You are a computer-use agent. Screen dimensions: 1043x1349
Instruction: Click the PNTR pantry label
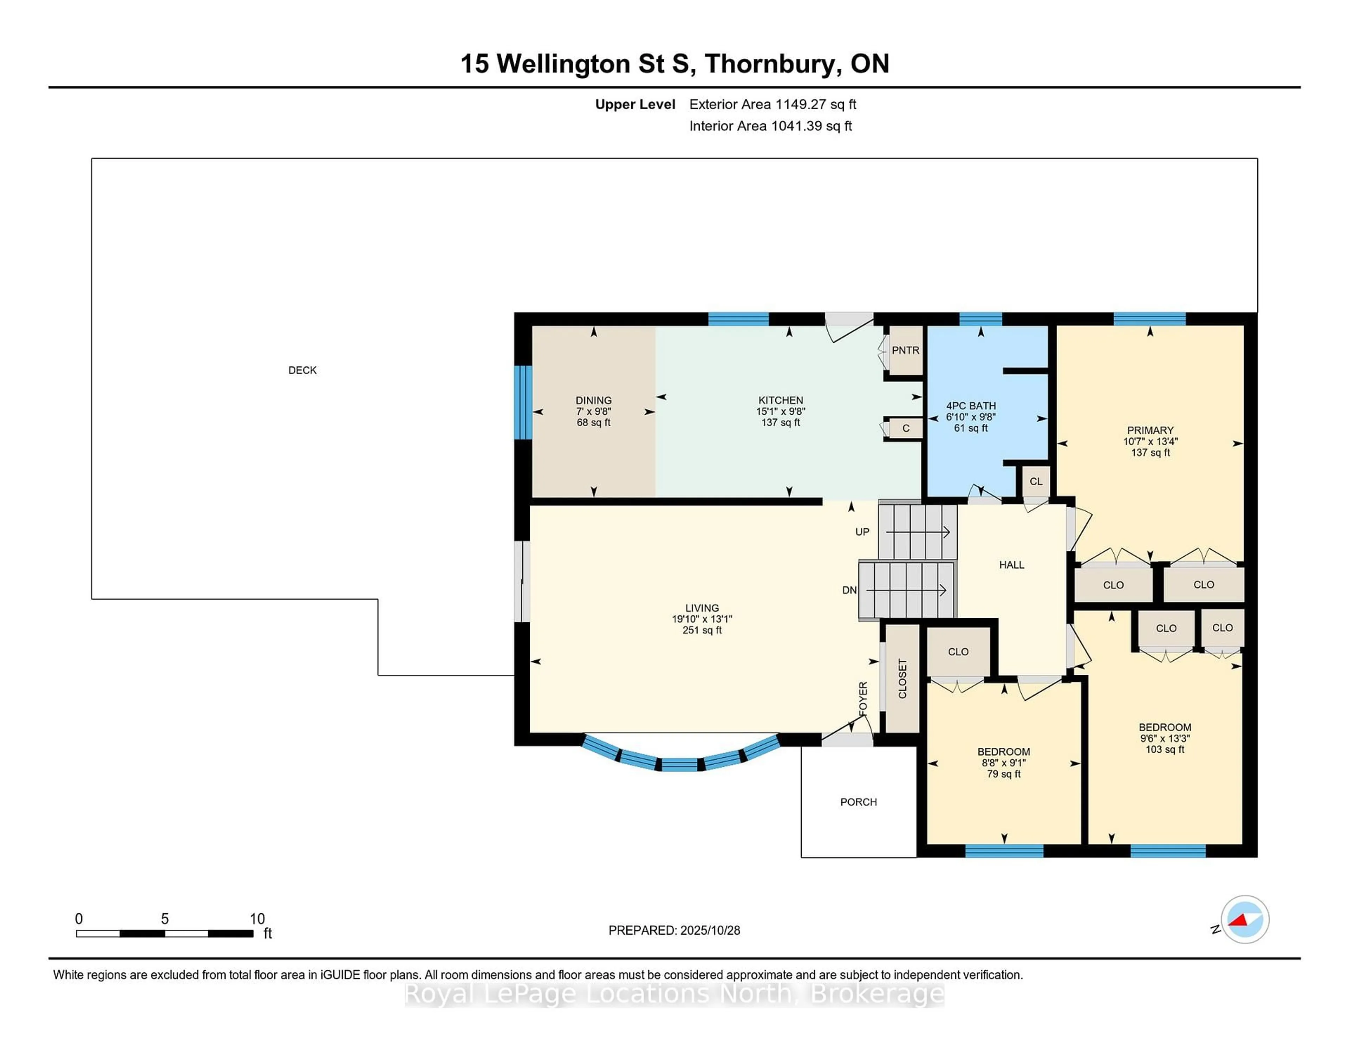click(x=906, y=350)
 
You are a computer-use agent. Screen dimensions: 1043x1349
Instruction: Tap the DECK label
click(x=303, y=370)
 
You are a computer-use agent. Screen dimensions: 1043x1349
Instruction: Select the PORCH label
click(x=858, y=802)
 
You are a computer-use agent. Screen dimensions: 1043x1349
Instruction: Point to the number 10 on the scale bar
click(x=257, y=919)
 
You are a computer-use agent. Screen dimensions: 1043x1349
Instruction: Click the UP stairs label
click(x=862, y=532)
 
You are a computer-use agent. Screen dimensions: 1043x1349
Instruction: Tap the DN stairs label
click(x=849, y=590)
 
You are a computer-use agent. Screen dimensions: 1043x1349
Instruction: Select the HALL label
click(x=1011, y=565)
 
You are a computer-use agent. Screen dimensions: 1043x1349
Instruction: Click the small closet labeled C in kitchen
click(x=906, y=428)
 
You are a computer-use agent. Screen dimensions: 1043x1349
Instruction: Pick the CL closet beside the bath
click(x=1036, y=481)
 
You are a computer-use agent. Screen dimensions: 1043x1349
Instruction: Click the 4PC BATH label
click(x=971, y=406)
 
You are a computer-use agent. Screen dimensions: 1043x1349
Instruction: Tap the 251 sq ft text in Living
click(x=702, y=630)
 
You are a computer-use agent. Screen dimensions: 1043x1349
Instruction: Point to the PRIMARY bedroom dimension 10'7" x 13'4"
click(x=1150, y=441)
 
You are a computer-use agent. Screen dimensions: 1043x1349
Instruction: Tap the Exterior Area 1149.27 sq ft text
click(x=772, y=104)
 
